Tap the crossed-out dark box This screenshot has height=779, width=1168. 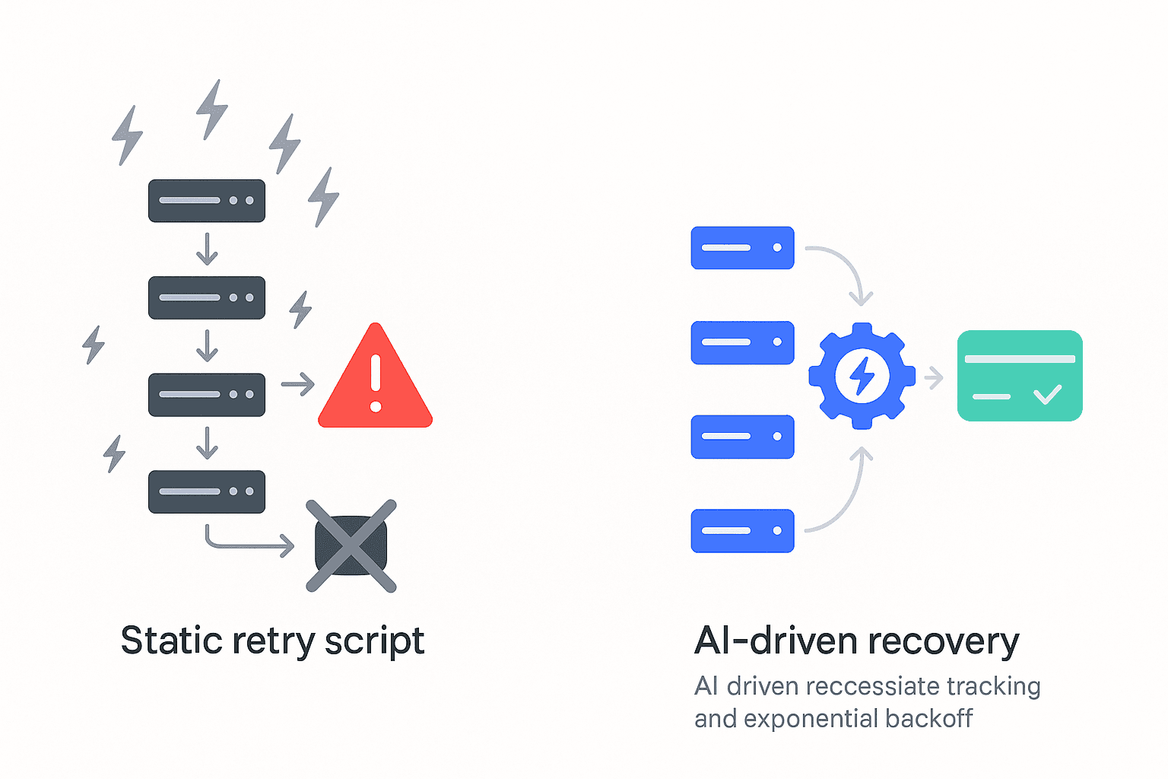[351, 545]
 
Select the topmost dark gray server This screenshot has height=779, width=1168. [207, 201]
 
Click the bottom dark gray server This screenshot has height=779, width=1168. [207, 491]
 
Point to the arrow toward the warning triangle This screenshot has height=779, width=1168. [297, 384]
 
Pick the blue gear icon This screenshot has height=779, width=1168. [862, 375]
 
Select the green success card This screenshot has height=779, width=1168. [1019, 375]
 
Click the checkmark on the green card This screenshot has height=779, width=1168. [1047, 394]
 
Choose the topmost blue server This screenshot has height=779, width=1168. [742, 248]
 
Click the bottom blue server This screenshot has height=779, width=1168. [742, 530]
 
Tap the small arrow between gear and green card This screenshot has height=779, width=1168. [934, 377]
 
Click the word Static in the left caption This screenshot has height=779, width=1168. [171, 641]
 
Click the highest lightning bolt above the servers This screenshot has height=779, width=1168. [212, 110]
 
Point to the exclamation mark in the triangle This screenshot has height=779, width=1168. [375, 383]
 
